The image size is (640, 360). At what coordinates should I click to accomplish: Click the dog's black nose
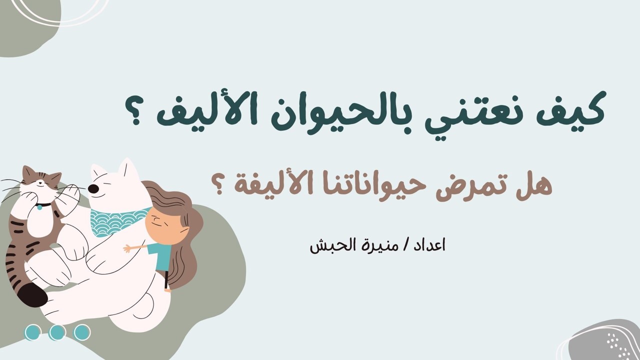(93, 188)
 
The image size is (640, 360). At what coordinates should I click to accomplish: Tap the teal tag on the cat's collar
(39, 207)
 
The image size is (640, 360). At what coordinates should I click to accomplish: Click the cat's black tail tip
(32, 295)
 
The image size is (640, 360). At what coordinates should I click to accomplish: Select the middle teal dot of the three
(57, 332)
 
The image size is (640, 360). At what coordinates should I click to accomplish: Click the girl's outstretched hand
(127, 248)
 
